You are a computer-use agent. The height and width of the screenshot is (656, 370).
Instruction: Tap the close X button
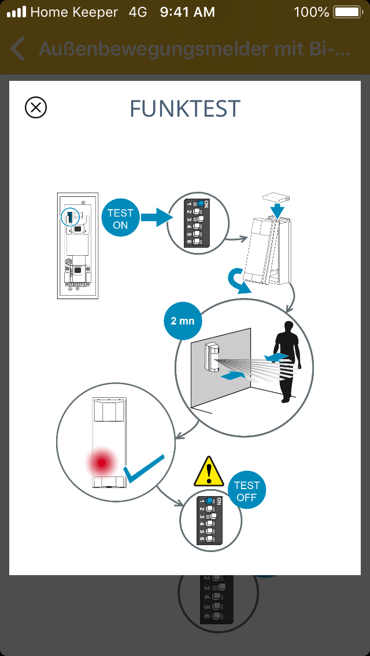(x=36, y=107)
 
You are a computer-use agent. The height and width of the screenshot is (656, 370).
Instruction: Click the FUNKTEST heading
(x=185, y=109)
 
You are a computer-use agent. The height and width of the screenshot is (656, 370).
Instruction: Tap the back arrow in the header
(x=18, y=49)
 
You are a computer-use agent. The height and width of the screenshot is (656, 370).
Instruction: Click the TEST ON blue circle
(x=120, y=219)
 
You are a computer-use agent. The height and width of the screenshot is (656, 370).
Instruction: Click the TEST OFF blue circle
(x=247, y=491)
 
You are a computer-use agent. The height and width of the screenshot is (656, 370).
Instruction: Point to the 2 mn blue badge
(x=182, y=320)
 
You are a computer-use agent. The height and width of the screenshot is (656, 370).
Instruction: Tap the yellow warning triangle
(x=209, y=472)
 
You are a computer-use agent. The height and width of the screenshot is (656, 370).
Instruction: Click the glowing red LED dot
(x=102, y=462)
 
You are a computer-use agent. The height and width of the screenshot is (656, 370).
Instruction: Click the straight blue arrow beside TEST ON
(x=157, y=218)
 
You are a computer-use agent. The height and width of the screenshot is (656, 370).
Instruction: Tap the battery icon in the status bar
(x=347, y=12)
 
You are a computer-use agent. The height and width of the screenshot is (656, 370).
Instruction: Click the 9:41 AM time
(x=187, y=12)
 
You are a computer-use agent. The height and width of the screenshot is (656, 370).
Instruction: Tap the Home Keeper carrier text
(x=74, y=12)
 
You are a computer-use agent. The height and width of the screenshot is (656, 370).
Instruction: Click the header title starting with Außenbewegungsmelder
(x=194, y=49)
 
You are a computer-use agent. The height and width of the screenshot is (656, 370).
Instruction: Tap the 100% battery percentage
(x=311, y=12)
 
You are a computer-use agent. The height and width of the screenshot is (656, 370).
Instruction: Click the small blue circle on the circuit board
(x=70, y=217)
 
